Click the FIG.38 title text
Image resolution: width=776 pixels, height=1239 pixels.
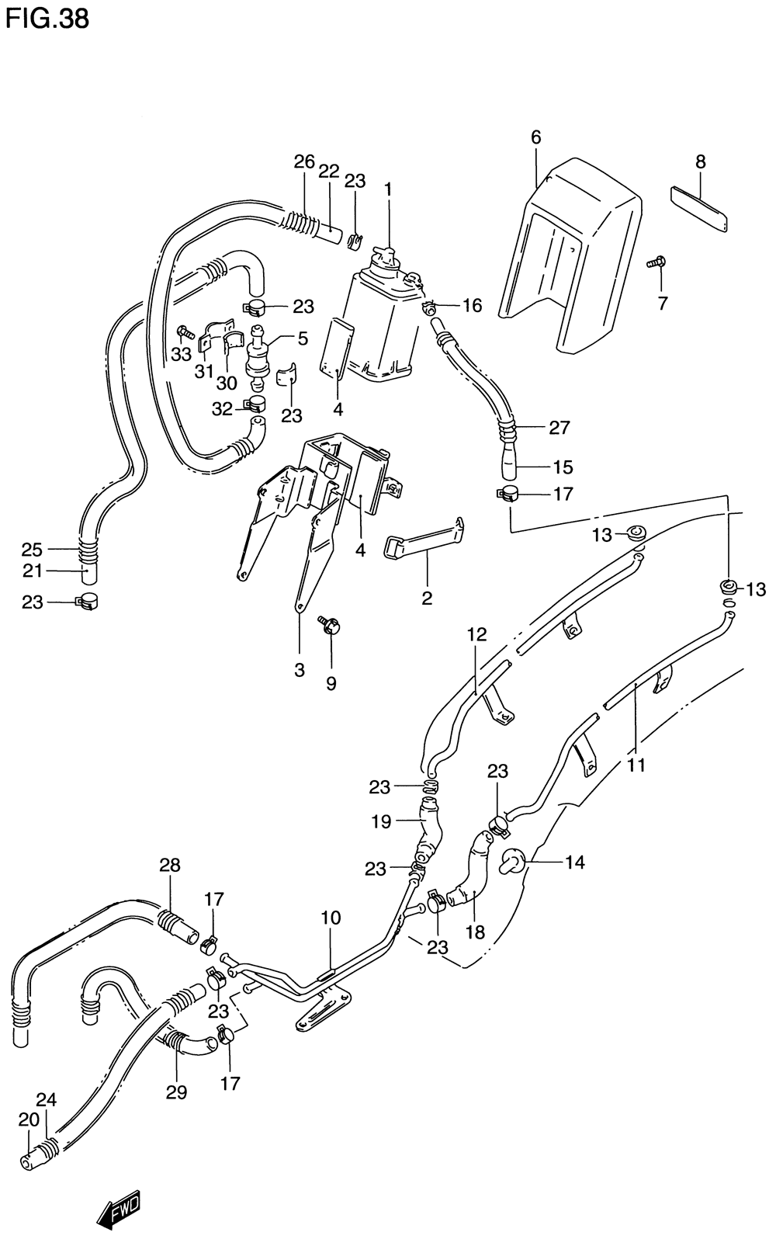47,19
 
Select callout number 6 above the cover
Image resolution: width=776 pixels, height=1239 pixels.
535,137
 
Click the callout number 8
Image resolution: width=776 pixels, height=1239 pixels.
700,162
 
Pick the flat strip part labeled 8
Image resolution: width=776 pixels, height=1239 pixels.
699,210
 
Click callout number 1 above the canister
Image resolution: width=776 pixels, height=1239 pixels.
388,189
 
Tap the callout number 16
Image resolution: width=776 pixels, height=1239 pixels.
472,305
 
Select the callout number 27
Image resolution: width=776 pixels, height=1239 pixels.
559,428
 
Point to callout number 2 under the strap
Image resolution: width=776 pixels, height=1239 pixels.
427,598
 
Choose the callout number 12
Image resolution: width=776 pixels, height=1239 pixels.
476,634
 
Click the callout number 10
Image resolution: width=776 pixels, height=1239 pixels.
331,918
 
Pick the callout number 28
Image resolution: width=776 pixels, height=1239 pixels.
170,865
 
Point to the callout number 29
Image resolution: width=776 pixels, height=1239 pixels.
176,1091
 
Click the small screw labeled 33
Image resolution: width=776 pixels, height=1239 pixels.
185,332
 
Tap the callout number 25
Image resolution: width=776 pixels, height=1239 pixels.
32,550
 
